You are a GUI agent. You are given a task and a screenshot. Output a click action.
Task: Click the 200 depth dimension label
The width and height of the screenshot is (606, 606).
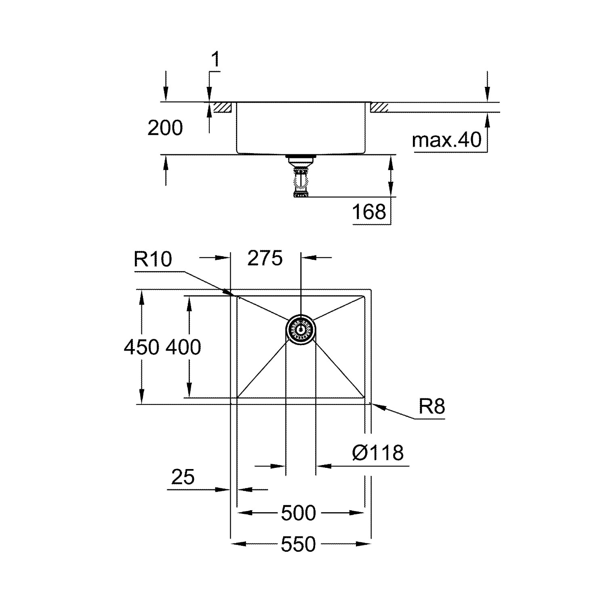tap(165, 128)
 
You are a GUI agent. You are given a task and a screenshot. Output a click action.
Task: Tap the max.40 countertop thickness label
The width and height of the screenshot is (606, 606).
tap(447, 140)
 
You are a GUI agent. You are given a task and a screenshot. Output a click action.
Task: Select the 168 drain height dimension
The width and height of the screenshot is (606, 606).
tap(369, 212)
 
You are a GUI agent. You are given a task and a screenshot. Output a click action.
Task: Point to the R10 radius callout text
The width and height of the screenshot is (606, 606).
tap(153, 259)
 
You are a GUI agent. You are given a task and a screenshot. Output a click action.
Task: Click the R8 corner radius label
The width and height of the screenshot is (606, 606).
tap(432, 406)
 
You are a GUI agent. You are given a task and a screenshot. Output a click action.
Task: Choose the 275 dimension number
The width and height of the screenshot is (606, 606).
tap(265, 258)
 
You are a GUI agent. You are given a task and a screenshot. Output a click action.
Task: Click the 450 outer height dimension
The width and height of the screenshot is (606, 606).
tap(141, 347)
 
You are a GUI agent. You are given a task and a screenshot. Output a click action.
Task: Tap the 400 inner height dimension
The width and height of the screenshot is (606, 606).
tap(183, 347)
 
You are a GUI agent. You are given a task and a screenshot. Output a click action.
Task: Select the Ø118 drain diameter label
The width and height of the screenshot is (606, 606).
tap(378, 453)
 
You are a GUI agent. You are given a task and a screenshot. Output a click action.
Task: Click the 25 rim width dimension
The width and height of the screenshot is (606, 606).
tap(183, 477)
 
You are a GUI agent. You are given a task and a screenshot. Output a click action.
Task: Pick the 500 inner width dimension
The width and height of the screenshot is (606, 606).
tap(298, 513)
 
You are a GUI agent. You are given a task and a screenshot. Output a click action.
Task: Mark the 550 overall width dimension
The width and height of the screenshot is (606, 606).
tap(298, 545)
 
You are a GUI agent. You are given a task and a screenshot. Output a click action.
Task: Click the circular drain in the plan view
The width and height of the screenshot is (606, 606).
tap(301, 330)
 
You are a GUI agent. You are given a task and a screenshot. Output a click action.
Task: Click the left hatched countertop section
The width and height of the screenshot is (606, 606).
tap(222, 107)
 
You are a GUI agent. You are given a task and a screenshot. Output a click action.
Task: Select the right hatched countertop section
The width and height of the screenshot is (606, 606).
tap(379, 107)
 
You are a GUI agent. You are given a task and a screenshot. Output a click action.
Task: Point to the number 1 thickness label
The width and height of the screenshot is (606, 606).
tap(216, 59)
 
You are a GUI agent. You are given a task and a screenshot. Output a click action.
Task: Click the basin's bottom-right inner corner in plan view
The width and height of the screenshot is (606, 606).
tap(364, 397)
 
